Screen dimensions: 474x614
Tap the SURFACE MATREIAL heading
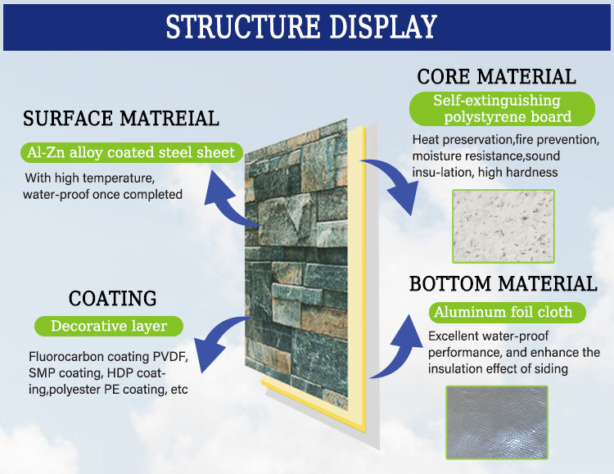121,119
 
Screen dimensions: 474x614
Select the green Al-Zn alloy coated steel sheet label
131,152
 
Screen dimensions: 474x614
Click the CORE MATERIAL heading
496,78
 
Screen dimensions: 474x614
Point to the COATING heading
112,298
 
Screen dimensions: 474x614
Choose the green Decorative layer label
109,326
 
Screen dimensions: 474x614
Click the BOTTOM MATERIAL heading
503,284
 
